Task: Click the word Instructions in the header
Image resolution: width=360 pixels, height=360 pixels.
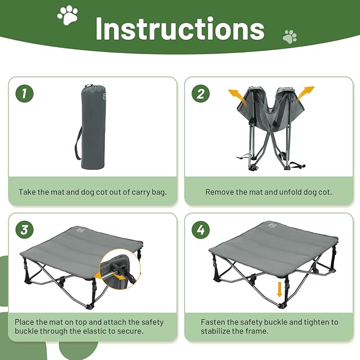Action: click(x=180, y=29)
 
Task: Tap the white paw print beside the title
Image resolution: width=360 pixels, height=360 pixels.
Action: click(x=67, y=16)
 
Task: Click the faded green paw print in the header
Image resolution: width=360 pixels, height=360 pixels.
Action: click(x=289, y=37)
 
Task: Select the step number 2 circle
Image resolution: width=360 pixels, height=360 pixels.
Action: click(x=200, y=94)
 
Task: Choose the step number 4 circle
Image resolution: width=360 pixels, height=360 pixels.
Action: click(x=201, y=230)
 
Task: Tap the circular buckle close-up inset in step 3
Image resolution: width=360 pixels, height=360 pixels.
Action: click(x=120, y=270)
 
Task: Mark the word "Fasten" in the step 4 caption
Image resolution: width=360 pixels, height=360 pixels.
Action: click(x=213, y=322)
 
